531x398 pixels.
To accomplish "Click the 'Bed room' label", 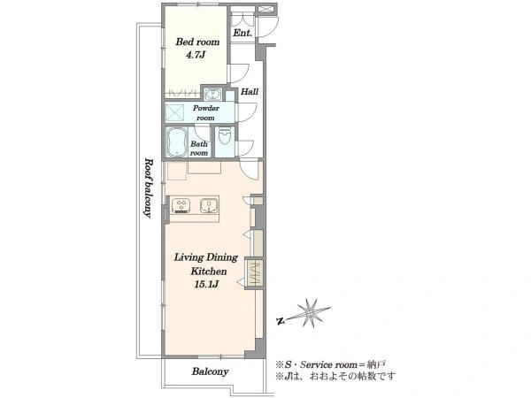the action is (197, 42).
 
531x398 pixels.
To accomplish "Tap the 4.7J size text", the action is (196, 55).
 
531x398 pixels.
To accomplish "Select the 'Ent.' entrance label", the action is (242, 33).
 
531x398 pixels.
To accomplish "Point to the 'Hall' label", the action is (250, 91).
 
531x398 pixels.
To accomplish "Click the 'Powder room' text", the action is (206, 112).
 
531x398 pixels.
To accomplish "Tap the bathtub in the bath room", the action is (177, 142).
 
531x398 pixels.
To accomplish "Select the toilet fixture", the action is (224, 136).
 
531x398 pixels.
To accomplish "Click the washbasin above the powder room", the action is (213, 94).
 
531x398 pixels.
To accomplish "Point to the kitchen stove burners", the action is (181, 205).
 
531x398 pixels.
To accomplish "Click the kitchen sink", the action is (209, 205).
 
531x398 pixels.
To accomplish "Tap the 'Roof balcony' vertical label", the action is (148, 188).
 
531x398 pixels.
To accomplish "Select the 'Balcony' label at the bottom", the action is (210, 371).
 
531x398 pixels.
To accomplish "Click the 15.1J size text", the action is (206, 285).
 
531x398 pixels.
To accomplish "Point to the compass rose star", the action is (310, 313).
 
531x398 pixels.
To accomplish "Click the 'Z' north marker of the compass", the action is (280, 321).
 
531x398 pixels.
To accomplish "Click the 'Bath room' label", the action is (199, 149).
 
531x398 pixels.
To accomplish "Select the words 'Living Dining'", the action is (206, 257).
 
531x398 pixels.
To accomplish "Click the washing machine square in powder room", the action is (174, 112).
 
